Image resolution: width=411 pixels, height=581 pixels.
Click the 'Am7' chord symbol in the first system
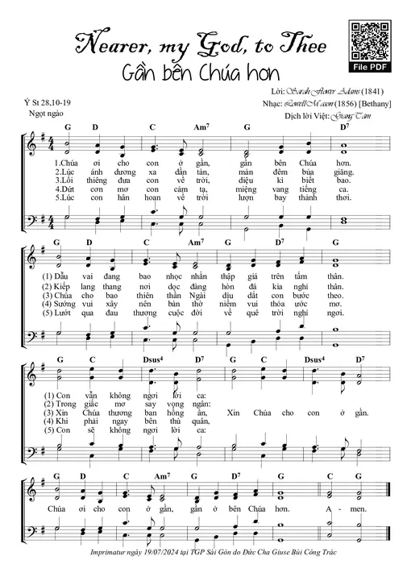[x=201, y=127]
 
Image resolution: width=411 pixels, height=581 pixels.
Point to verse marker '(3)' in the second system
[x=49, y=295]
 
